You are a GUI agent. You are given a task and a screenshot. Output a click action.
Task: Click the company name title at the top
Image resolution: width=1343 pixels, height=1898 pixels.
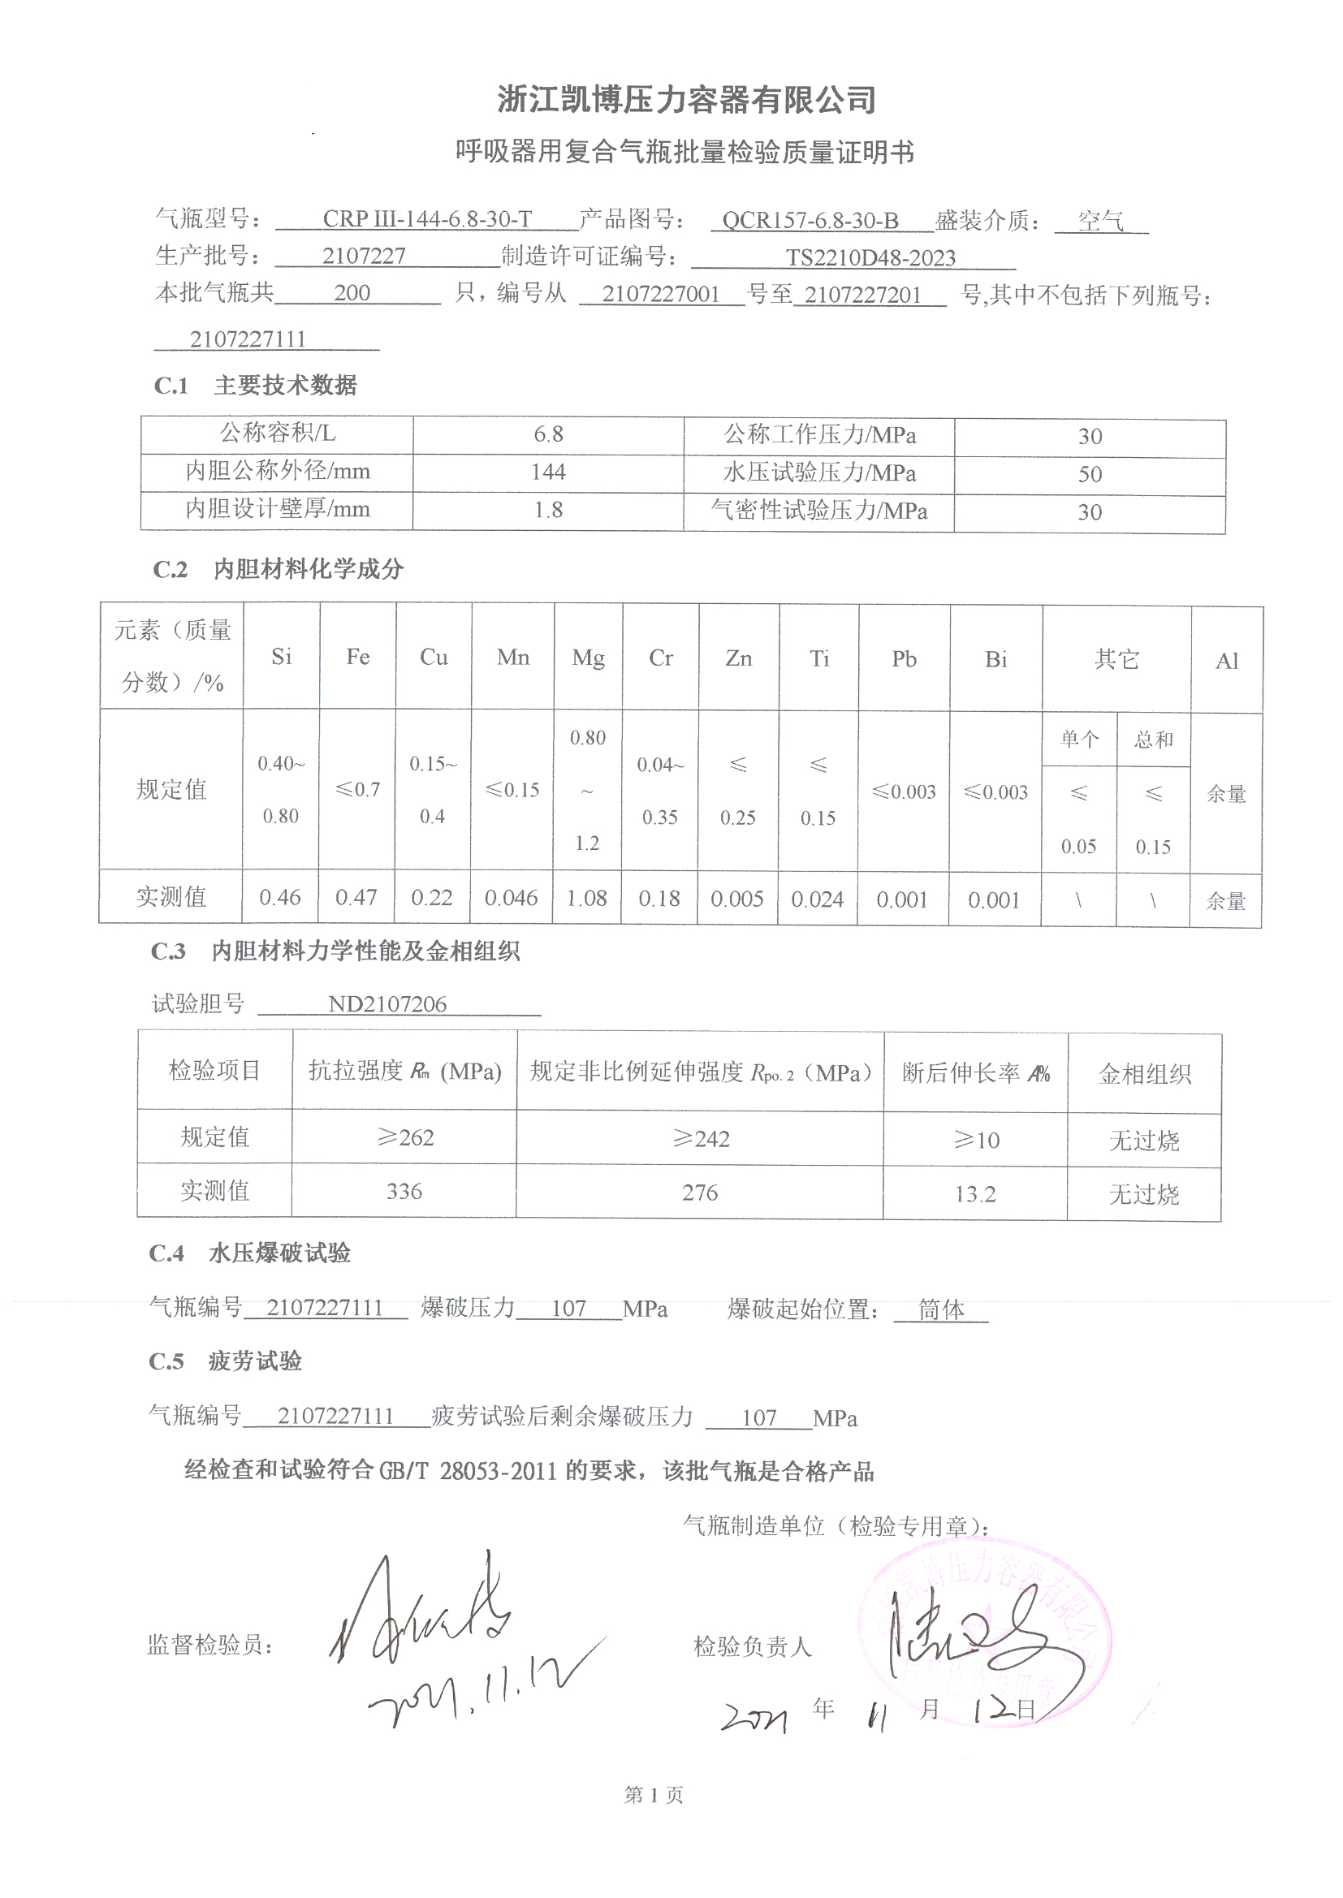(x=685, y=100)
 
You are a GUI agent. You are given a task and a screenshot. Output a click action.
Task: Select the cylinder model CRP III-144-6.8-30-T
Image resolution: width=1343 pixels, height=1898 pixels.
(x=427, y=219)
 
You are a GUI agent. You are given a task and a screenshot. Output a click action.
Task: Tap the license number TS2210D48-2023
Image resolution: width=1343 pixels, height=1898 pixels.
(x=870, y=258)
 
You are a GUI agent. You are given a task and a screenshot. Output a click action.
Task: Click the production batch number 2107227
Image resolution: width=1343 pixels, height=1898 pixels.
(x=364, y=256)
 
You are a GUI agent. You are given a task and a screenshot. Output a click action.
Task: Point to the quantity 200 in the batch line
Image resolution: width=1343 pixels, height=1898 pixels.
(x=352, y=292)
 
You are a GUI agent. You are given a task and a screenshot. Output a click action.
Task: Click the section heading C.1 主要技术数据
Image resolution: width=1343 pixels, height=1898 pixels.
(x=256, y=386)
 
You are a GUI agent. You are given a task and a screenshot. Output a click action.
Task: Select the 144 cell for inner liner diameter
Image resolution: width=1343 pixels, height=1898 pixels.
(x=548, y=472)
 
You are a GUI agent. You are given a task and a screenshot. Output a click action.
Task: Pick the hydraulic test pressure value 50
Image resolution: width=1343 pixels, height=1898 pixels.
(x=1089, y=474)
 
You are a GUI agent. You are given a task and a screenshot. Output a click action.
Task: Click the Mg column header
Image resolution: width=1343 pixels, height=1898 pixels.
(x=588, y=658)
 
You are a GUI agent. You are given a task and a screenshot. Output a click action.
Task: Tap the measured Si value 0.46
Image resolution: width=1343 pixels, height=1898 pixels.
(x=280, y=897)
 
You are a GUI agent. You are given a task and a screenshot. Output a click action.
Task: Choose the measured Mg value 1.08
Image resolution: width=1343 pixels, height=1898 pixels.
(x=587, y=898)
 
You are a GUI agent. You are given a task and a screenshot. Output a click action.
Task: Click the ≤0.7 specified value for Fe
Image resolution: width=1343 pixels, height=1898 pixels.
(x=357, y=789)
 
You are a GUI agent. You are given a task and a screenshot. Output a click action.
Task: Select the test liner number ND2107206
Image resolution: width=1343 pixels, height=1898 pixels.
(x=387, y=1004)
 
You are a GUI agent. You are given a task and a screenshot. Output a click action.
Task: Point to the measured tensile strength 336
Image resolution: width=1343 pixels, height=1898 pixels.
(x=404, y=1191)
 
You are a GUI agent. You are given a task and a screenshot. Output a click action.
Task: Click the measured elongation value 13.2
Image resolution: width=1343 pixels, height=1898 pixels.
(x=975, y=1193)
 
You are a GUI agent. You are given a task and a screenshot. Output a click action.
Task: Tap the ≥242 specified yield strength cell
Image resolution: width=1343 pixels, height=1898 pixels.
(x=701, y=1139)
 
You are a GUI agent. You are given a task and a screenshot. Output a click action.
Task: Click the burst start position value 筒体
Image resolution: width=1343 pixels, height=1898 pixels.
(x=941, y=1309)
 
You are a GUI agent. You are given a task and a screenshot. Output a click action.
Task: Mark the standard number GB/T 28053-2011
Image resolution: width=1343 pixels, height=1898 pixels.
(x=467, y=1472)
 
